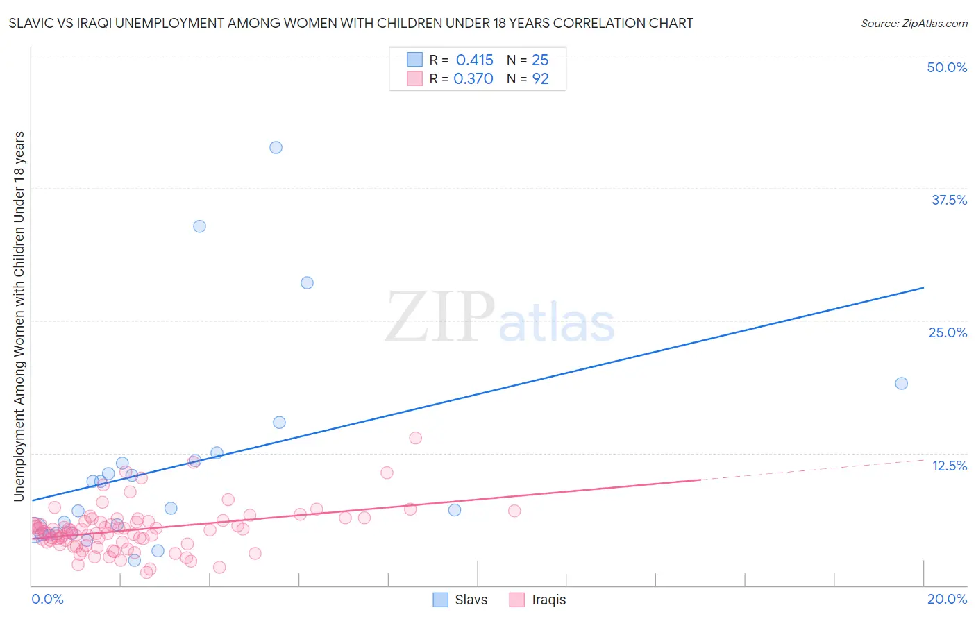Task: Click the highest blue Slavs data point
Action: point(276,147)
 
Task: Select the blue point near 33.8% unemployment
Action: point(199,226)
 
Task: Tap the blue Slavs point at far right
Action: point(901,383)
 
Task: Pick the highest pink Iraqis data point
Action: point(415,438)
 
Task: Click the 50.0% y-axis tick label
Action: point(947,67)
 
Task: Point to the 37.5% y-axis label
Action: point(949,200)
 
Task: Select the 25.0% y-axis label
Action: point(948,332)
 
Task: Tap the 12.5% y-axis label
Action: point(949,466)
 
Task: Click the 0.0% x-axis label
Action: point(47,599)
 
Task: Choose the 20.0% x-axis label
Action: point(947,599)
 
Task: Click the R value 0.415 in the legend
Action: point(474,60)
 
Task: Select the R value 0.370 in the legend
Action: point(473,79)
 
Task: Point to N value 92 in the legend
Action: point(540,79)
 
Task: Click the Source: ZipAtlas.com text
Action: point(914,24)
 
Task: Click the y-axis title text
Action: point(19,316)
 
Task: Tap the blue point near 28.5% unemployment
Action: point(307,282)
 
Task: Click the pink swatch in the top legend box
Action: point(414,78)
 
